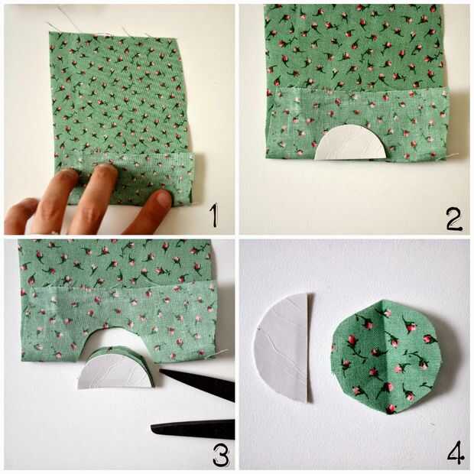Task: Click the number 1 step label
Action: click(214, 216)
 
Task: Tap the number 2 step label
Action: click(454, 219)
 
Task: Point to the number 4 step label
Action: click(456, 453)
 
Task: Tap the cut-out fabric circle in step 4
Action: click(386, 357)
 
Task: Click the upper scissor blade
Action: click(197, 383)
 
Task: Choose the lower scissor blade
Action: click(193, 430)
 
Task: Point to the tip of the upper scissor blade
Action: click(160, 369)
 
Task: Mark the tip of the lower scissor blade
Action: click(151, 427)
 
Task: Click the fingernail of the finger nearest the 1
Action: click(164, 199)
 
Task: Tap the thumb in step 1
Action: click(21, 216)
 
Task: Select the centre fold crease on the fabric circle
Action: click(387, 357)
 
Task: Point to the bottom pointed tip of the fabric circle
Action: click(391, 414)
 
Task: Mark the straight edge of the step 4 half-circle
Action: click(309, 348)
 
